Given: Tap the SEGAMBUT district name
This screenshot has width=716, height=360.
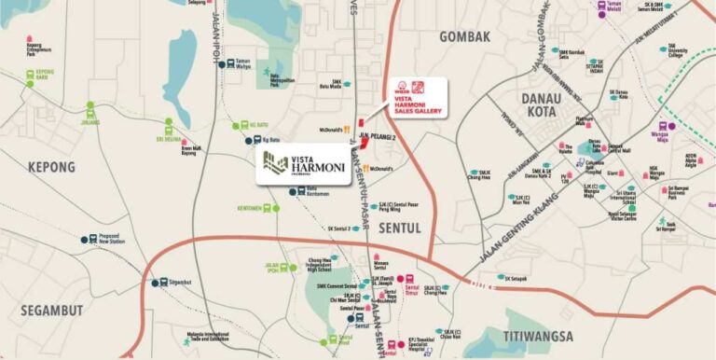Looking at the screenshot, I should [48, 311].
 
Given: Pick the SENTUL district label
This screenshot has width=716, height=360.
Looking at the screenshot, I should [401, 227].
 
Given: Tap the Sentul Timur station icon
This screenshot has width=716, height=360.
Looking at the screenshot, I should [401, 278].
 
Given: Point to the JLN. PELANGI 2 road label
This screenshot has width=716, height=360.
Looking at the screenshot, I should [377, 136].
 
